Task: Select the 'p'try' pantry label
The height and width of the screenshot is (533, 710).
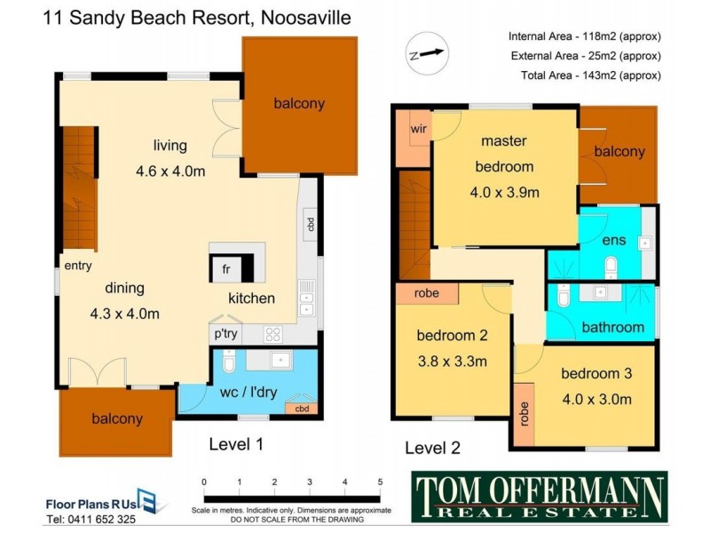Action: pos(225,334)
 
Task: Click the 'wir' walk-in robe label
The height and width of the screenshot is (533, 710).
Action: pos(419,129)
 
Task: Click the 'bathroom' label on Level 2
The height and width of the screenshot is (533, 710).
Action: pos(612,327)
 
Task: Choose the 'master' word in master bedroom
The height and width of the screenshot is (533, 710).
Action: pos(504,140)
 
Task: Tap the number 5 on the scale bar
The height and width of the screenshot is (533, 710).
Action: pos(379,482)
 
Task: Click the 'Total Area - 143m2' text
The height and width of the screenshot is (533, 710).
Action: pos(586,76)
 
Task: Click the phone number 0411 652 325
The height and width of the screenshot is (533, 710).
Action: pos(91,520)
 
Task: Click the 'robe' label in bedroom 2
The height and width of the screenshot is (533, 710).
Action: pos(427,293)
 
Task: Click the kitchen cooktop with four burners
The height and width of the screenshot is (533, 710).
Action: pos(273,335)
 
